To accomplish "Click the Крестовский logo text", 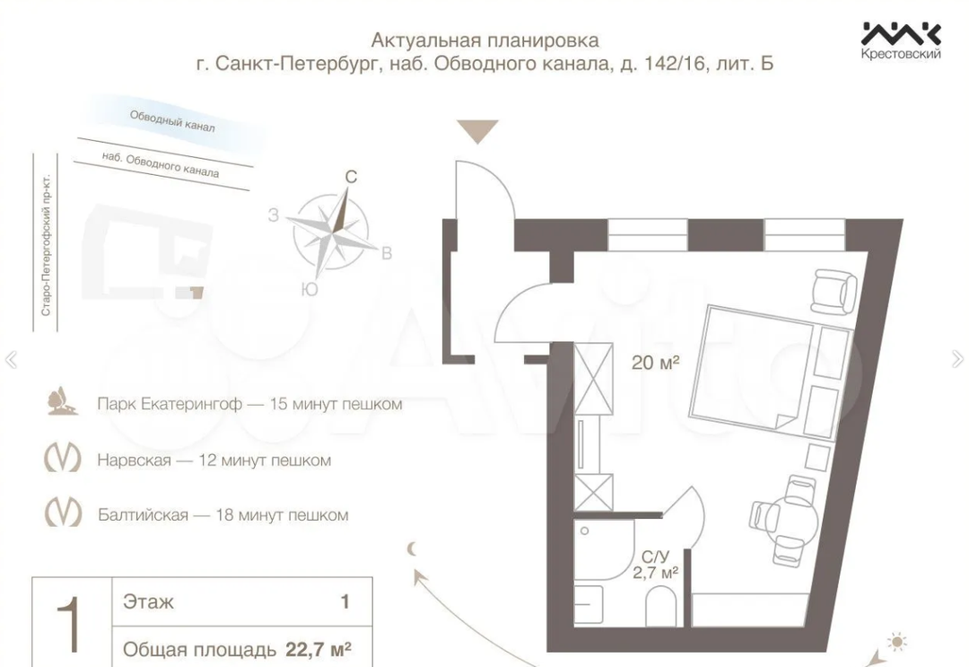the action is (901, 55).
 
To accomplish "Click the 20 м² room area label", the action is (655, 363).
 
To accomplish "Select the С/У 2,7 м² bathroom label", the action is (655, 565).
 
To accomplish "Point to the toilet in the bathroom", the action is (660, 606).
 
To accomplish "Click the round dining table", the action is (794, 515).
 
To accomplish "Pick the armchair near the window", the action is (834, 291).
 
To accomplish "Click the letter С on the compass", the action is (351, 178).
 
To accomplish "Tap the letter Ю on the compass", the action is (310, 289).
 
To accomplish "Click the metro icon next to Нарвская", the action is (63, 458).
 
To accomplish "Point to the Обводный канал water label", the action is (172, 121).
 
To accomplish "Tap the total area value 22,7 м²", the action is (319, 649).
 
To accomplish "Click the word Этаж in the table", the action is (148, 601).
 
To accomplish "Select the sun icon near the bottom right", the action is (896, 642).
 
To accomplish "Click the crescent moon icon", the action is (412, 549).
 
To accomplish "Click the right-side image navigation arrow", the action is (957, 358).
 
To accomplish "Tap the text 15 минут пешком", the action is (336, 404).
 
